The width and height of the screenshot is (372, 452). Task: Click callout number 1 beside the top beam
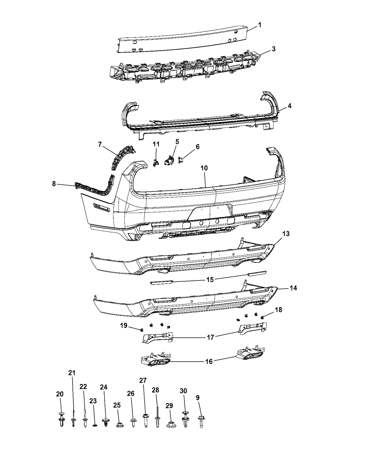click(x=260, y=25)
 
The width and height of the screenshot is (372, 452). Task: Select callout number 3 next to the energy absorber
click(x=274, y=49)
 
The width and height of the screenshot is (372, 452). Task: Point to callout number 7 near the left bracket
click(x=100, y=144)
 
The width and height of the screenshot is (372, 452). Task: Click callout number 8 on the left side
click(x=54, y=184)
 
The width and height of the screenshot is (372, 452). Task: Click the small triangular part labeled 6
click(x=180, y=161)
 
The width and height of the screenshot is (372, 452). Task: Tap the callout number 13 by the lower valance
click(x=286, y=234)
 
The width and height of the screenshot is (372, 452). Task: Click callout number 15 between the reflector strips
click(x=210, y=279)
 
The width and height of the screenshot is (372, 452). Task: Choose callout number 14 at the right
click(x=293, y=288)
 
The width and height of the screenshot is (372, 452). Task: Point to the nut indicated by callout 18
click(x=263, y=316)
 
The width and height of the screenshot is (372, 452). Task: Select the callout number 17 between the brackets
click(x=210, y=337)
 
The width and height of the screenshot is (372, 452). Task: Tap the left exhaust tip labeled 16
click(x=156, y=361)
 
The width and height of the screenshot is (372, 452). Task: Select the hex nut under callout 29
click(x=170, y=424)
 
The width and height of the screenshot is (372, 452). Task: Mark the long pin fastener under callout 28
click(x=157, y=418)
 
